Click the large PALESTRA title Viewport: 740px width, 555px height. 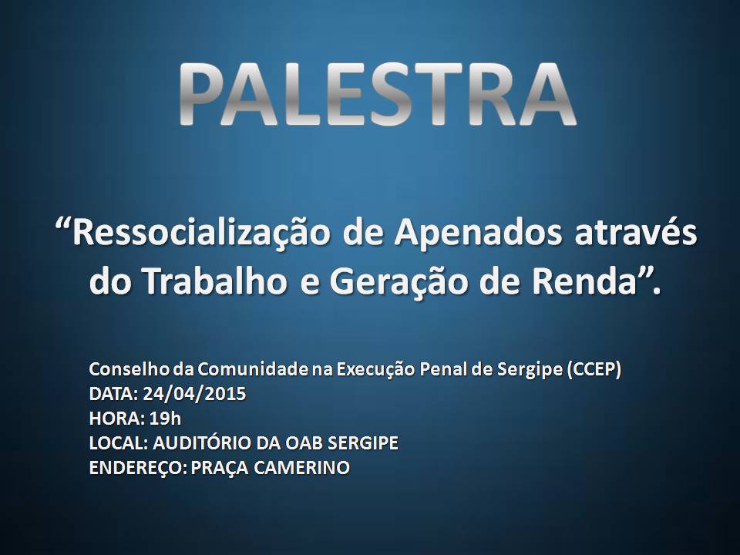[377, 94]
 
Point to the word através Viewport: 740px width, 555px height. [635, 232]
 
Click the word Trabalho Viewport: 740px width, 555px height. [216, 282]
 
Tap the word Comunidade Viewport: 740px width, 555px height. [253, 369]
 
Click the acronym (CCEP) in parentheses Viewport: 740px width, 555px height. [594, 370]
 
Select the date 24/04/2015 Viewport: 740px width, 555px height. [194, 394]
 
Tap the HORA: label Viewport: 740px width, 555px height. [116, 419]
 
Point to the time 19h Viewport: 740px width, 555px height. [165, 419]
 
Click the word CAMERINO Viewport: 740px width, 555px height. [301, 468]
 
